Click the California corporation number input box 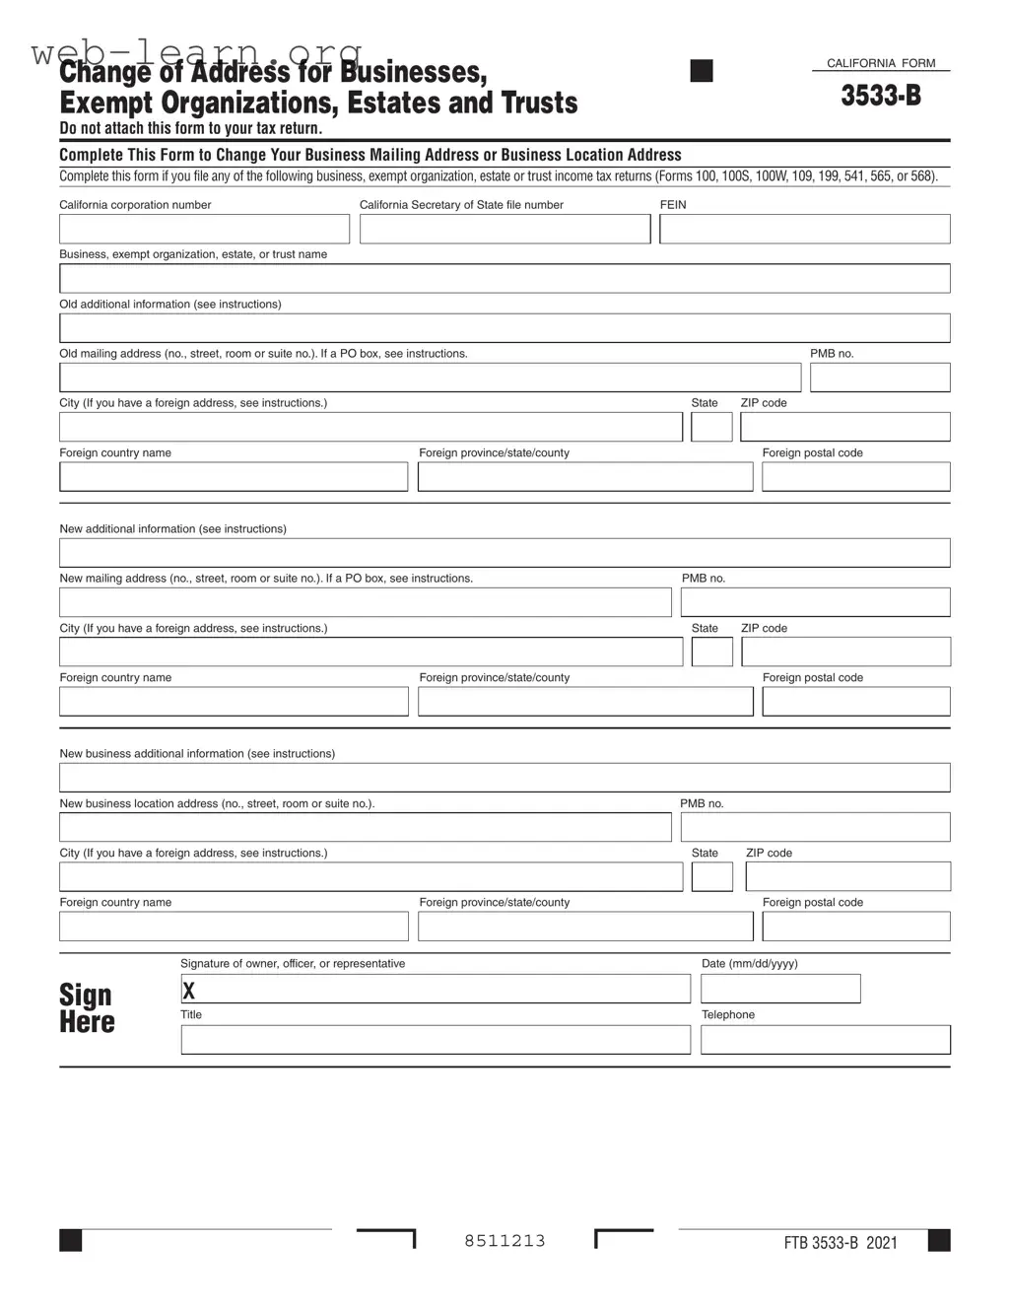[204, 229]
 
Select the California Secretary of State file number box [505, 229]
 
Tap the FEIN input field [804, 229]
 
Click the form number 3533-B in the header [881, 96]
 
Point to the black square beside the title [702, 71]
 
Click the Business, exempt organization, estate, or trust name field [505, 278]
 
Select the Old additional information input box [505, 328]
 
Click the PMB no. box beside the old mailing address [880, 378]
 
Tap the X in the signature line [188, 991]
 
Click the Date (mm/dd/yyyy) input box [780, 989]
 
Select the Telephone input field [826, 1040]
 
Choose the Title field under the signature [436, 1040]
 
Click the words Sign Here [87, 1008]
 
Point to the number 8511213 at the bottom [505, 1241]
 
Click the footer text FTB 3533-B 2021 [841, 1243]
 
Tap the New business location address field [365, 827]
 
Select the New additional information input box [505, 553]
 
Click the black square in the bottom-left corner [71, 1240]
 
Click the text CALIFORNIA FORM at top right [881, 63]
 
